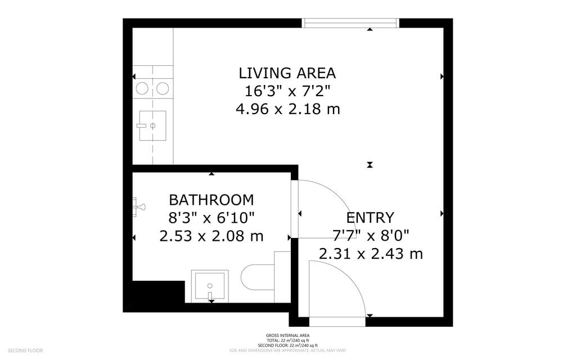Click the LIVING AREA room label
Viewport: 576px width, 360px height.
(x=287, y=73)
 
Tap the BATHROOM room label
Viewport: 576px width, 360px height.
(x=211, y=200)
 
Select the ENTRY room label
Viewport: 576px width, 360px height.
(x=370, y=218)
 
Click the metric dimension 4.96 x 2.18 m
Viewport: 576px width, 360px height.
(x=287, y=109)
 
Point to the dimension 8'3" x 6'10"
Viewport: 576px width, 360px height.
(x=211, y=218)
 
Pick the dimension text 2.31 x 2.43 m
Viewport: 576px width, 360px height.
(x=371, y=254)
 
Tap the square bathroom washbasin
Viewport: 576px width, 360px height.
(x=210, y=285)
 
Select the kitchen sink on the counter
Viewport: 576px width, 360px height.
(x=152, y=125)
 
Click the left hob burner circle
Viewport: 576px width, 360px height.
(x=142, y=88)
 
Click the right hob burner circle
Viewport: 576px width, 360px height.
(x=163, y=88)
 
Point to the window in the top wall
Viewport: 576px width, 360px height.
(x=350, y=23)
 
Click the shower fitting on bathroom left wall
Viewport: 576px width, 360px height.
(x=137, y=206)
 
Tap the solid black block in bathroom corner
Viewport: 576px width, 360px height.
(x=156, y=292)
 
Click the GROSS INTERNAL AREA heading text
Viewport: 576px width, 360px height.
(x=287, y=336)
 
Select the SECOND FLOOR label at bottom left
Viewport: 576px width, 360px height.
(x=25, y=350)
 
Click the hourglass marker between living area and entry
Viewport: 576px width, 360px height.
(x=370, y=165)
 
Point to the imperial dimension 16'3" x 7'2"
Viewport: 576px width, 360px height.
(x=287, y=91)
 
